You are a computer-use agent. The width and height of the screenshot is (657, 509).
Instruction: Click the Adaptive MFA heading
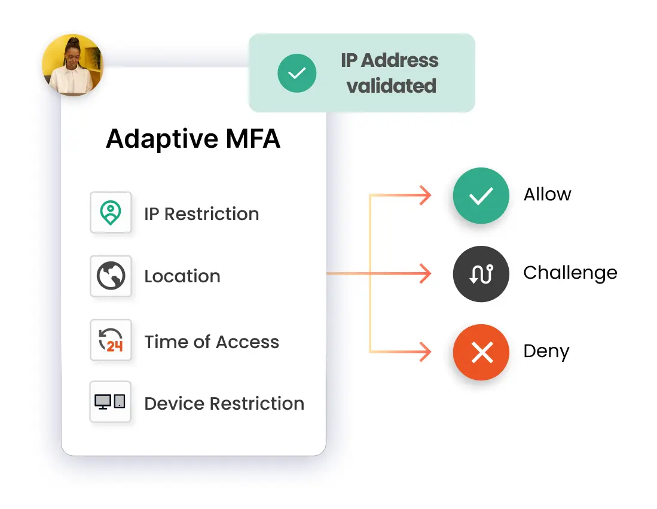coord(193,139)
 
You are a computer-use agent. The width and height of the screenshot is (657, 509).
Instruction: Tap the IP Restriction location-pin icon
coord(111,212)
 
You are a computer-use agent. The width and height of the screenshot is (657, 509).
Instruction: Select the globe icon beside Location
coord(111,276)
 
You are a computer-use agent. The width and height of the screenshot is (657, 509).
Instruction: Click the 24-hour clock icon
coord(111,340)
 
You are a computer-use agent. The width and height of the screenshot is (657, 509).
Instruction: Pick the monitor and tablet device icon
coord(111,402)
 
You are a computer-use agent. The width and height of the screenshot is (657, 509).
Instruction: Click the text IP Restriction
coord(201,214)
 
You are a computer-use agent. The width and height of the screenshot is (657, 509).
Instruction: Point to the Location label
coord(182,276)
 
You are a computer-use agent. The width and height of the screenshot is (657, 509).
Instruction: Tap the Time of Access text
coord(212,342)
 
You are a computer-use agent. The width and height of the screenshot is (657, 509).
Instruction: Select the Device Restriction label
coord(224,404)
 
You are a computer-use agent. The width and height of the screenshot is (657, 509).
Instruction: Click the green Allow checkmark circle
coord(481,196)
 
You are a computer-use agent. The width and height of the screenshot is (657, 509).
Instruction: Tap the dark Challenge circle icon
coord(481,274)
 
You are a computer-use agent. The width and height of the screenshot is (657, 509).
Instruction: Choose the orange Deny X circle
coord(481,352)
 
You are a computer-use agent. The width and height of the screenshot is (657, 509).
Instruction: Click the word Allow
coord(547,194)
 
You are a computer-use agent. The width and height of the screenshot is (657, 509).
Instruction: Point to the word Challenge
coord(570,273)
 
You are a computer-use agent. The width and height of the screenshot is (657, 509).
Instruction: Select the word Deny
coord(546,351)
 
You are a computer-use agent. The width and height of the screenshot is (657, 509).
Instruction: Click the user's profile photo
coord(72,65)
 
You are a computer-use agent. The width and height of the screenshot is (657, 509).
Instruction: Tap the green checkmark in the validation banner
coord(297,73)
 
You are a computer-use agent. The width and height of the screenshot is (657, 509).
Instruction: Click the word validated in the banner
coord(392,86)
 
